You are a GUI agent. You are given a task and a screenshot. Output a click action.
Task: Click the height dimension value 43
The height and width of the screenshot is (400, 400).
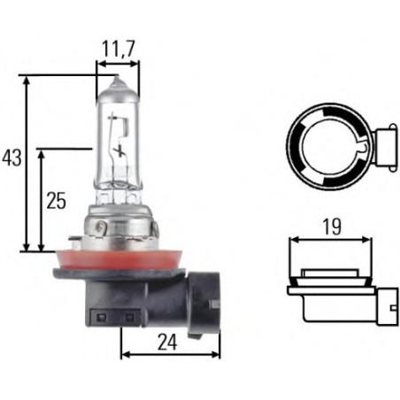coord(12,158)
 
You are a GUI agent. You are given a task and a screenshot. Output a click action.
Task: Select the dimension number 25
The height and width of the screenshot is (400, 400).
coord(56,201)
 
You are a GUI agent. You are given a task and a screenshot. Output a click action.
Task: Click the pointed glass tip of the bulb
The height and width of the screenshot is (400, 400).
coord(118,79)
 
